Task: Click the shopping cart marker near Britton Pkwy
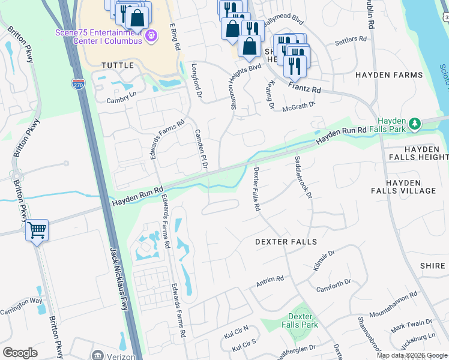37,229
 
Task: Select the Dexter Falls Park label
300,320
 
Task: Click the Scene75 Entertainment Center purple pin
151,37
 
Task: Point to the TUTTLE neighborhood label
118,65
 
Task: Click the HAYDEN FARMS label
389,75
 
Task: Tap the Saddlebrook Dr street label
303,177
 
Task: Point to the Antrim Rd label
270,281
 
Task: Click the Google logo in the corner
20,353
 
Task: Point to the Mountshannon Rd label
393,305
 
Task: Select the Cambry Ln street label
122,97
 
